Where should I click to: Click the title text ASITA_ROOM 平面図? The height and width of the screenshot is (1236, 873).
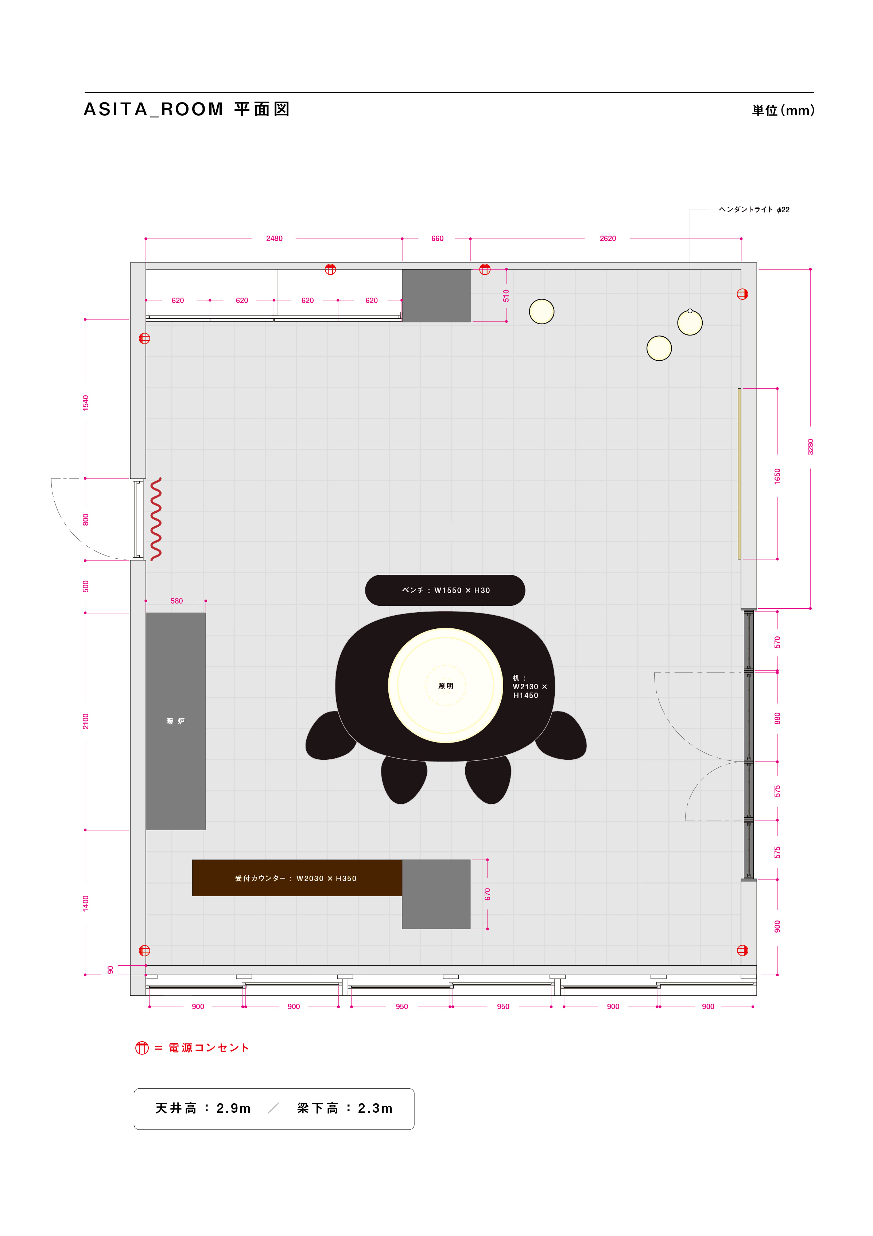click(x=187, y=109)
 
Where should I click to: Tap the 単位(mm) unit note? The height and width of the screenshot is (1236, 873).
click(x=783, y=111)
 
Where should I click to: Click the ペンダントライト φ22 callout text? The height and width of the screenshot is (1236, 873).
click(x=754, y=209)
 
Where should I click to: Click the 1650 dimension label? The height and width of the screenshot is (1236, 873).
click(x=777, y=476)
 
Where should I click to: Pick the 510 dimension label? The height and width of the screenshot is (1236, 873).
click(x=506, y=295)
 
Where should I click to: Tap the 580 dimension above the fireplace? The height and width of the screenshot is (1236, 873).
click(x=176, y=601)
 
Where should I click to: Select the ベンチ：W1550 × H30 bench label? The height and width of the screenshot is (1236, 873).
click(x=446, y=590)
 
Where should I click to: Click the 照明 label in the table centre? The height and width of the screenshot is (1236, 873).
click(x=446, y=686)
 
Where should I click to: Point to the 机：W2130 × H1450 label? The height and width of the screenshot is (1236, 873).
click(x=529, y=686)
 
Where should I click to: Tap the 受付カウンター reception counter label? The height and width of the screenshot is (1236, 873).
click(x=295, y=879)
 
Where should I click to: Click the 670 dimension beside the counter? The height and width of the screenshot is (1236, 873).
click(x=488, y=894)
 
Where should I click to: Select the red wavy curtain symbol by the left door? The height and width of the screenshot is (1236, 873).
click(x=156, y=519)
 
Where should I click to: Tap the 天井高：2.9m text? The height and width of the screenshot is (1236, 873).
click(x=203, y=1108)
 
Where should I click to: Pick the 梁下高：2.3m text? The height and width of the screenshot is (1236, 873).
click(x=345, y=1108)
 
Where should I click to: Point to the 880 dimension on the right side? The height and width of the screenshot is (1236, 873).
click(x=777, y=718)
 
